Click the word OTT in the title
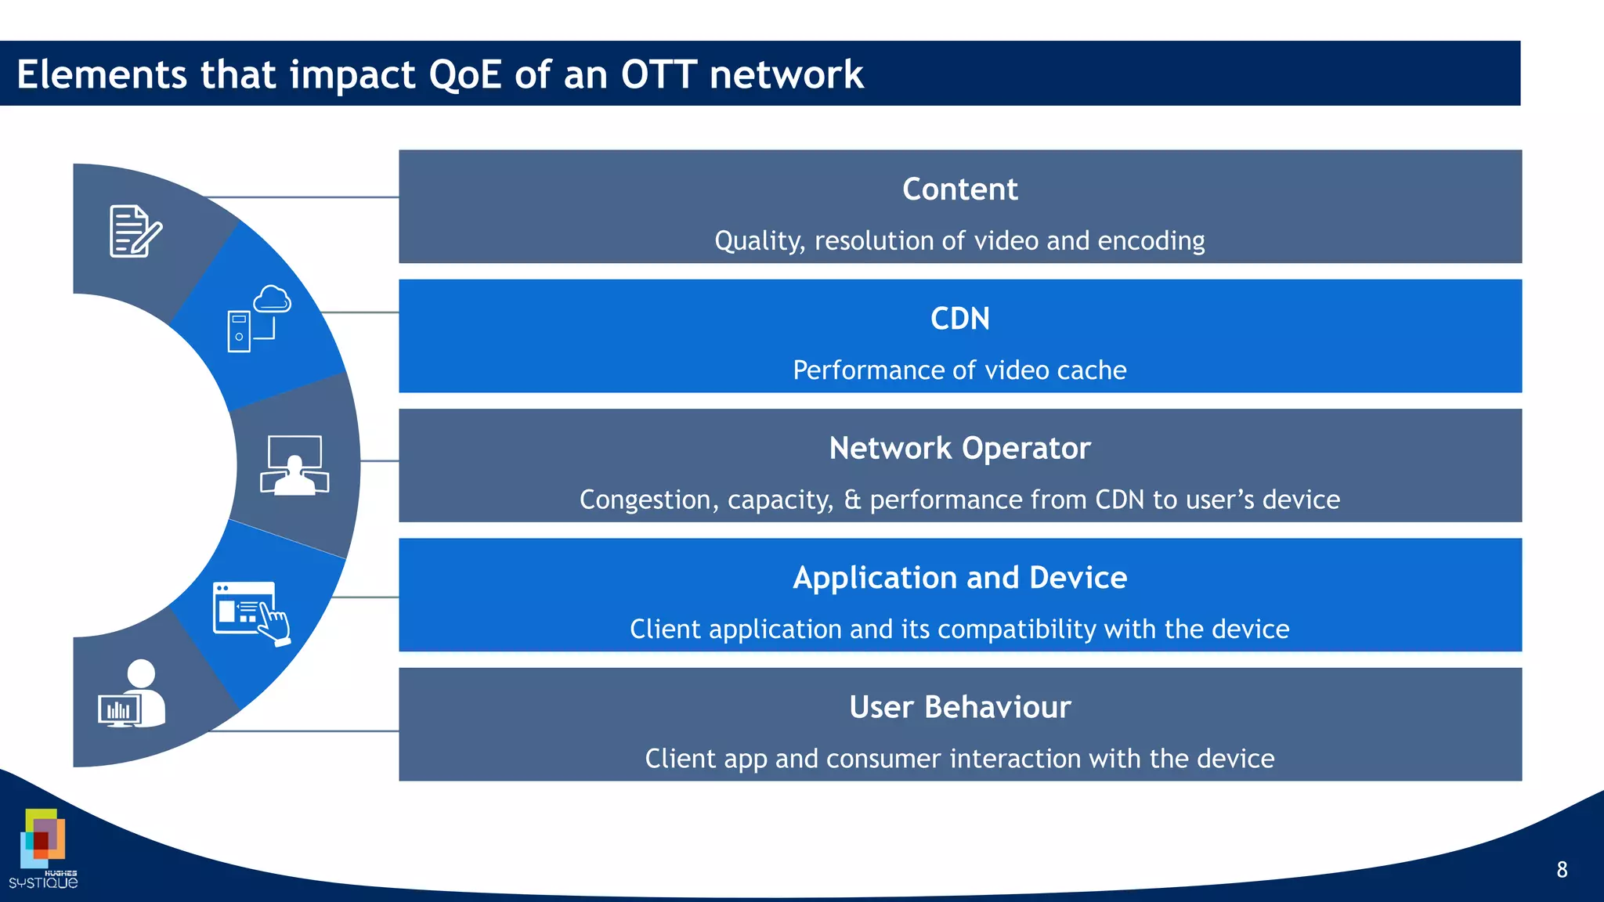pyautogui.click(x=658, y=75)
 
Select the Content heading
pyautogui.click(x=959, y=189)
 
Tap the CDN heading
pyautogui.click(x=959, y=319)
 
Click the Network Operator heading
pyautogui.click(x=959, y=449)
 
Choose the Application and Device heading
pyautogui.click(x=959, y=578)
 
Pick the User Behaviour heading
pyautogui.click(x=959, y=707)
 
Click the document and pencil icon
pyautogui.click(x=135, y=231)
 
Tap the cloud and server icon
pyautogui.click(x=259, y=319)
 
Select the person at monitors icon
pyautogui.click(x=294, y=465)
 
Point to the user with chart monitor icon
pyautogui.click(x=133, y=695)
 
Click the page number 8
pyautogui.click(x=1561, y=870)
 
